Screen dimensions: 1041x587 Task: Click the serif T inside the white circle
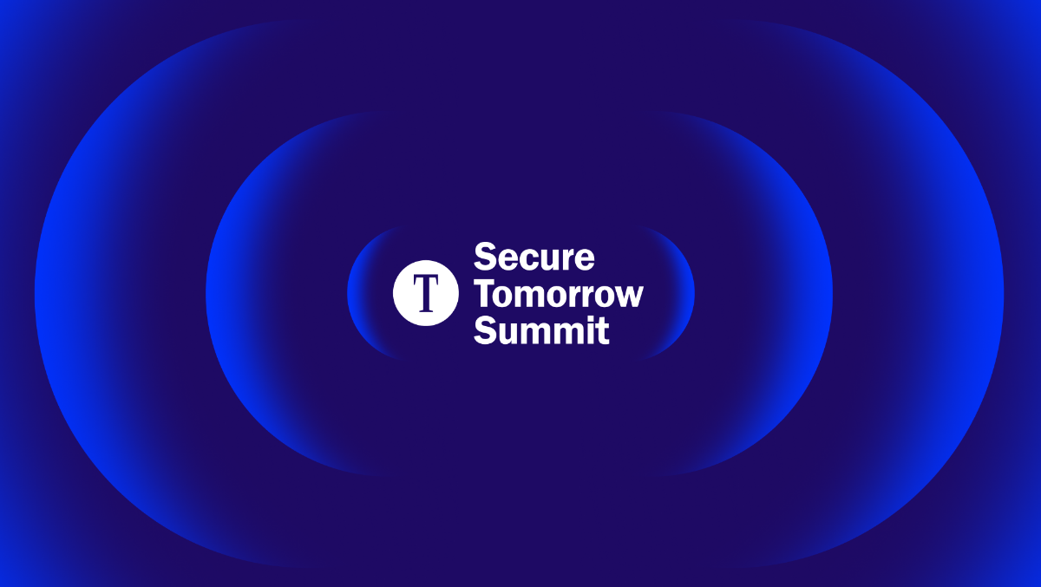click(426, 293)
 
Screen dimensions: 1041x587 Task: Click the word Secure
click(534, 257)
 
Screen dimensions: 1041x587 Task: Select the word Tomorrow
click(558, 294)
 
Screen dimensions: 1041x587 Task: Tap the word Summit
click(541, 330)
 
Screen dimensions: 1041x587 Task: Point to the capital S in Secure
click(485, 257)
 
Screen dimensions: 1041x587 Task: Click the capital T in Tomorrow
click(485, 293)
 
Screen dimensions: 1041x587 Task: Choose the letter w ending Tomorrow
click(626, 297)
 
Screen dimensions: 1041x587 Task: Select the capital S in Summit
click(485, 330)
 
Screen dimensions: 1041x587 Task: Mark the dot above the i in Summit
click(588, 319)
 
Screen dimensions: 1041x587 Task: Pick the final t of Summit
click(603, 331)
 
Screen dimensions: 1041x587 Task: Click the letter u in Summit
click(509, 334)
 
